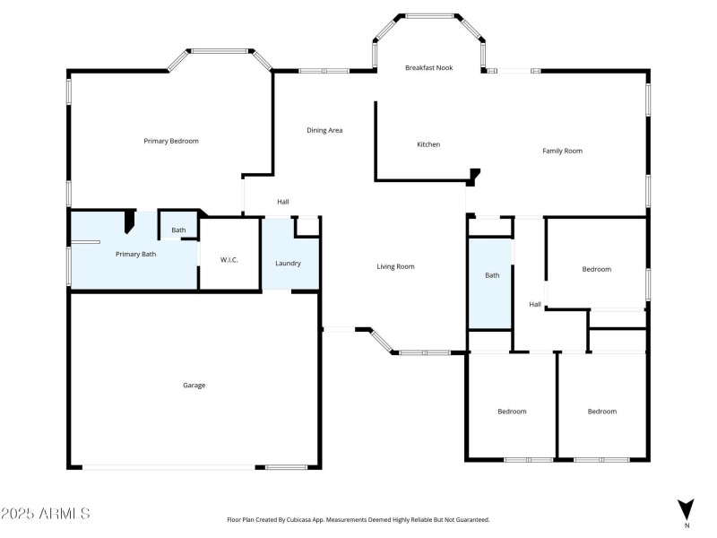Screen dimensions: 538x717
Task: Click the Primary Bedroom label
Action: (171, 141)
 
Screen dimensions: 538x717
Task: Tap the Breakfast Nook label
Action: (428, 68)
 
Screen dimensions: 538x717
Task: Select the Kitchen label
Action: (428, 144)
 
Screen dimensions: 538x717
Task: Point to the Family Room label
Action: (562, 151)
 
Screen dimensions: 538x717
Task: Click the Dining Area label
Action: (324, 131)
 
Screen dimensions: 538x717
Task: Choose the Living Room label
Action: (394, 266)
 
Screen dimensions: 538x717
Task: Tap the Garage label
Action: (194, 386)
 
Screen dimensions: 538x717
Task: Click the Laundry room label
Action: (288, 264)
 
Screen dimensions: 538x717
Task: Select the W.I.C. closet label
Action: (229, 260)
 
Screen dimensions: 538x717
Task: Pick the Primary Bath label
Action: (136, 255)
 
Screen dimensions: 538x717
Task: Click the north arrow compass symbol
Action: (686, 508)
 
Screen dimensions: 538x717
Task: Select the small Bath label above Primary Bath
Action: (179, 230)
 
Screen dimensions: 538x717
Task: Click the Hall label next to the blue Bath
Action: (535, 305)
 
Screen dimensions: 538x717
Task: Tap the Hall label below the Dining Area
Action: (283, 202)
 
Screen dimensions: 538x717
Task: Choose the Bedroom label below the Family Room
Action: (596, 269)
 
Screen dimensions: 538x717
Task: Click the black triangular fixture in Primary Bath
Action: (129, 221)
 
